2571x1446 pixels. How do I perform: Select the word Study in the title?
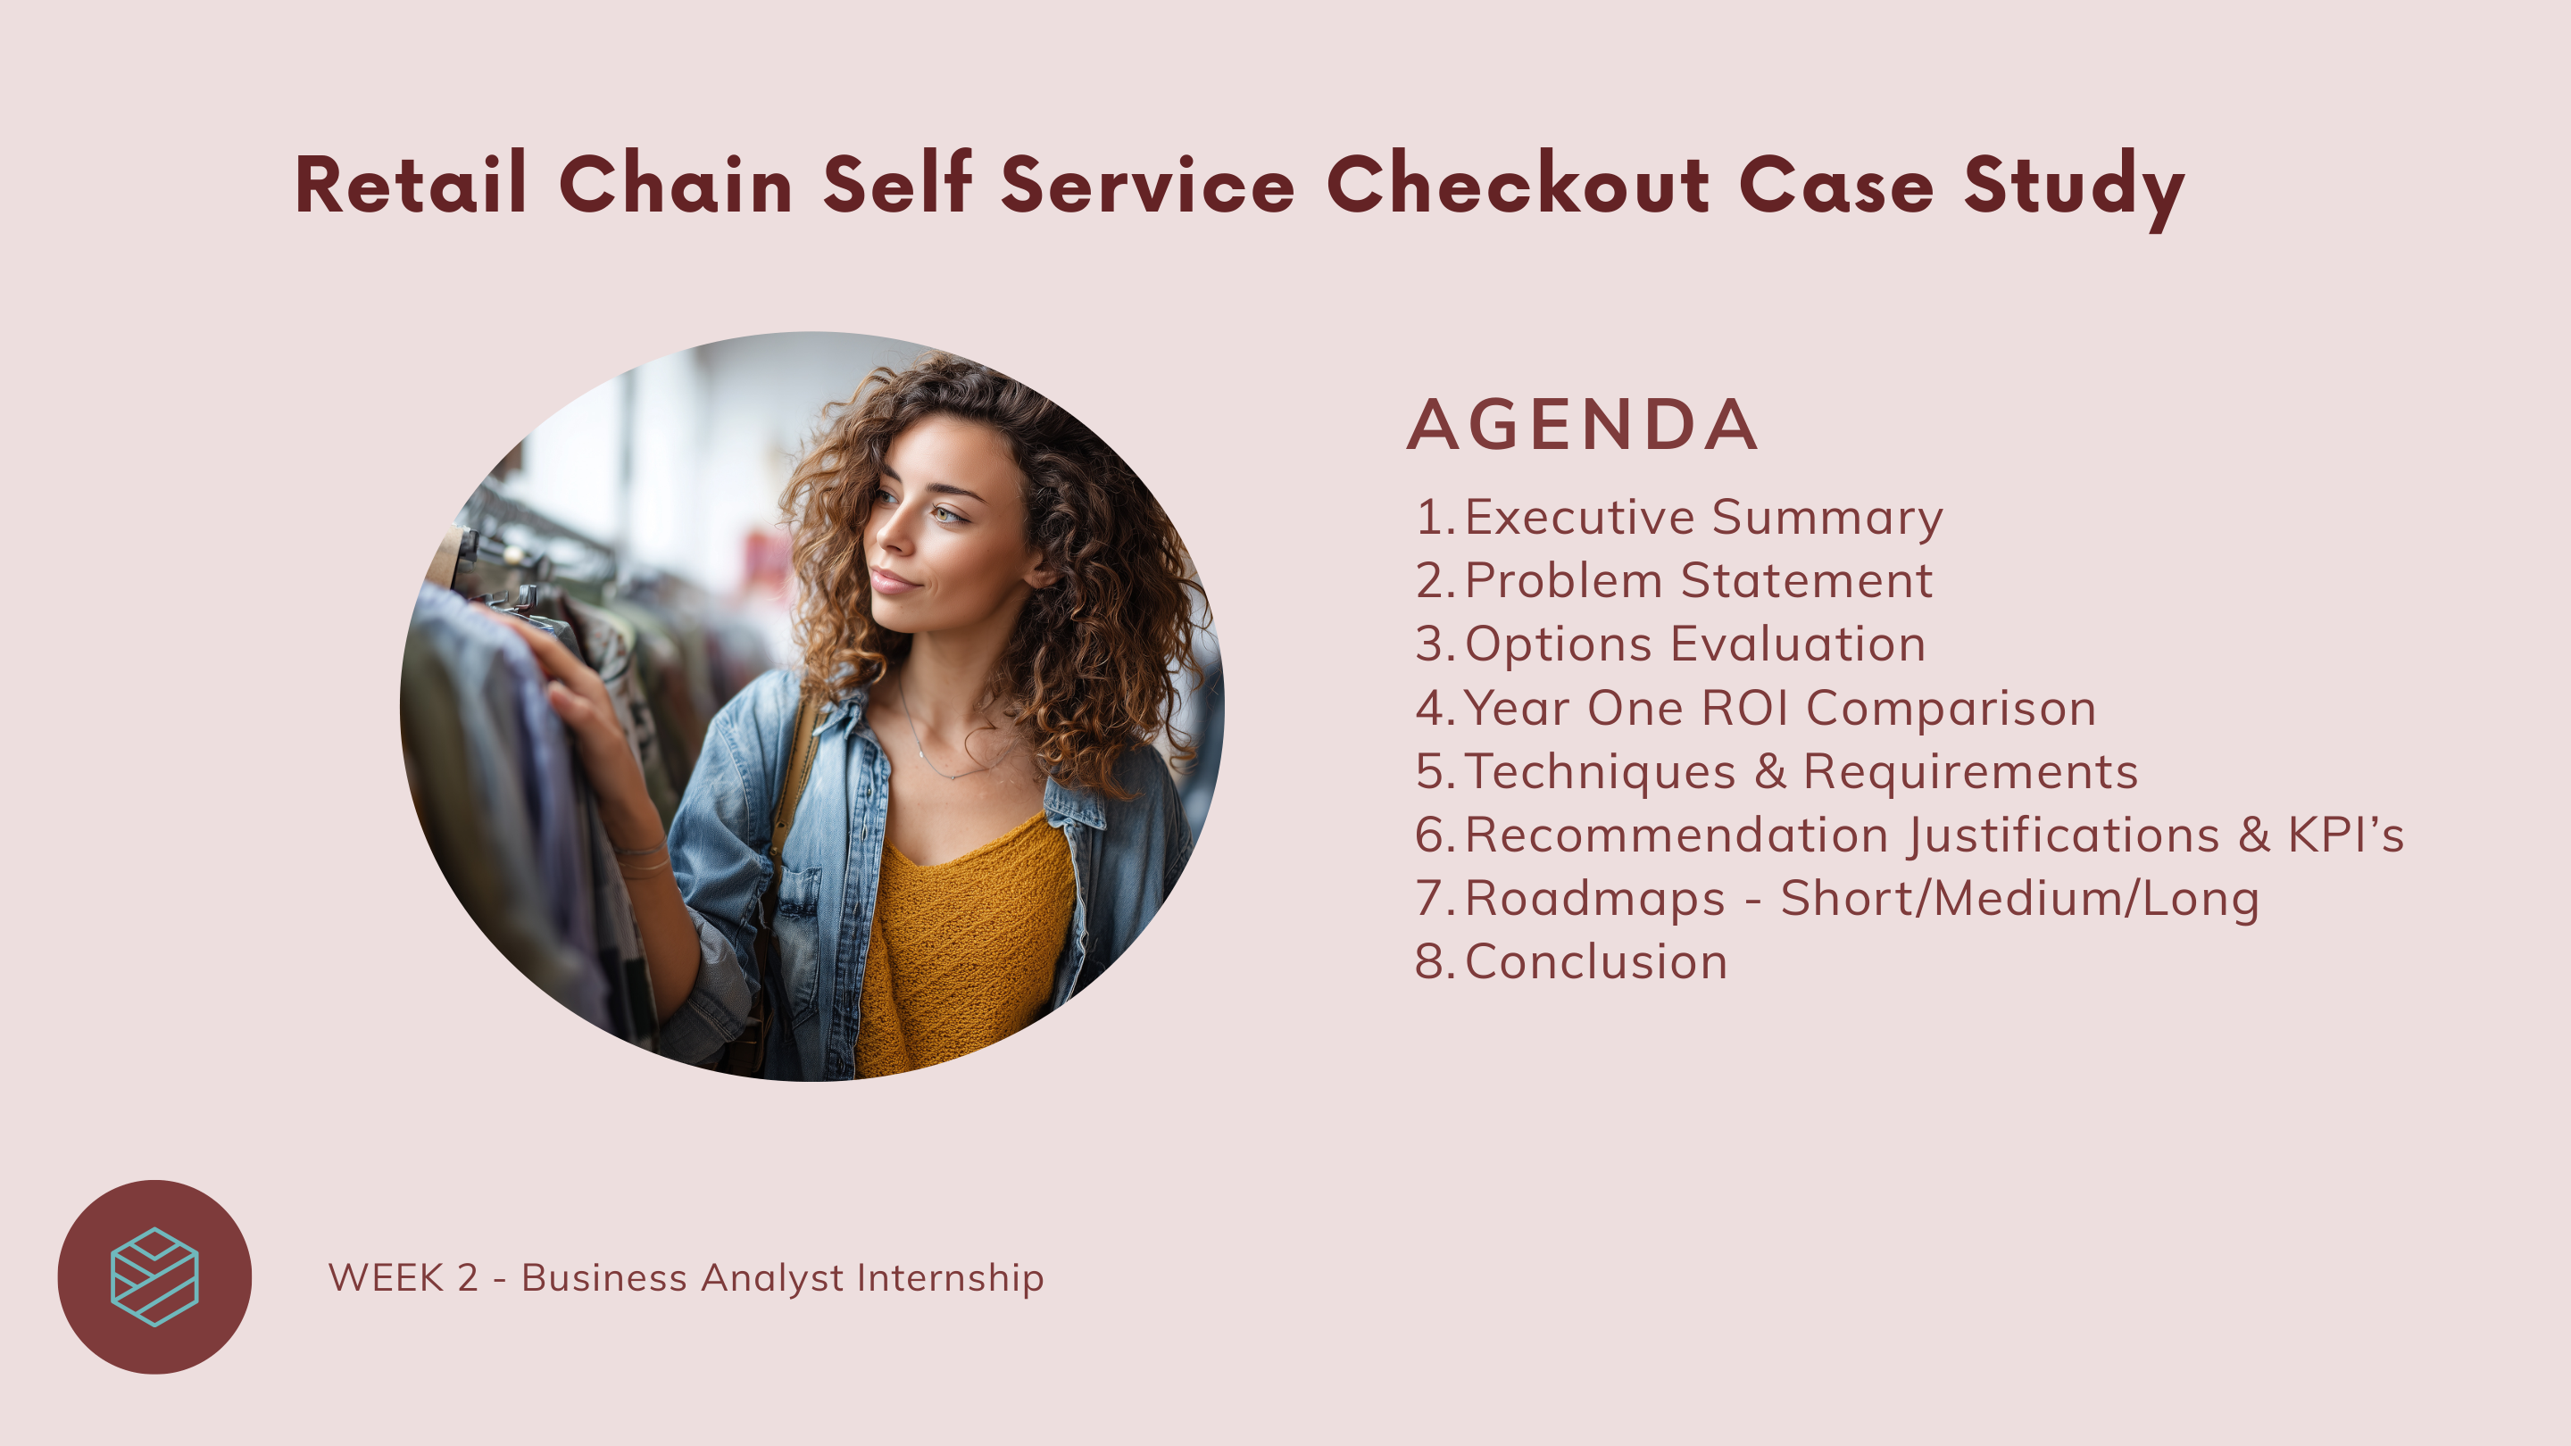2074,189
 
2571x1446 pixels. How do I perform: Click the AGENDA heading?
1582,424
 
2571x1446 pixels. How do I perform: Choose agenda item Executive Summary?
1702,518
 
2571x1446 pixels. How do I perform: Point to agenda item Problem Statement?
1698,581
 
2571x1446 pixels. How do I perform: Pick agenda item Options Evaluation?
1694,644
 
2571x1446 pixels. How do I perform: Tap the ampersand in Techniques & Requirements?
1769,772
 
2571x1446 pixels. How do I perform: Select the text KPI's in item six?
2345,835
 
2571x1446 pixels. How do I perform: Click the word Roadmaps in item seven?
1595,900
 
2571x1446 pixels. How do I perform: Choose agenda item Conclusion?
1596,963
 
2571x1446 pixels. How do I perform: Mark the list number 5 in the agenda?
1429,772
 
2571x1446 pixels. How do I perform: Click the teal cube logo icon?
154,1277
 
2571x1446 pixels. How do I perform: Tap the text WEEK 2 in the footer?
404,1278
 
